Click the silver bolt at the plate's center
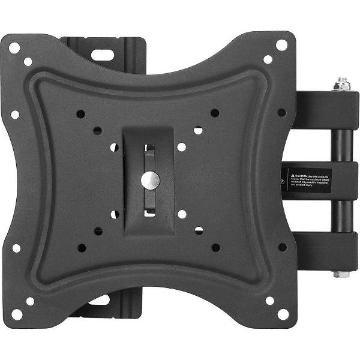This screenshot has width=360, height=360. [149, 178]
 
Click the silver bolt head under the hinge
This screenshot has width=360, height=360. [342, 274]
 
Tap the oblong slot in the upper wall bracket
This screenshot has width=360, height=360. [103, 53]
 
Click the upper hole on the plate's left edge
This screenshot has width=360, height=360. [15, 114]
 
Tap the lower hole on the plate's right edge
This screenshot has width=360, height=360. [282, 247]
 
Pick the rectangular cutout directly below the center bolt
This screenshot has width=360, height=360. [150, 209]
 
